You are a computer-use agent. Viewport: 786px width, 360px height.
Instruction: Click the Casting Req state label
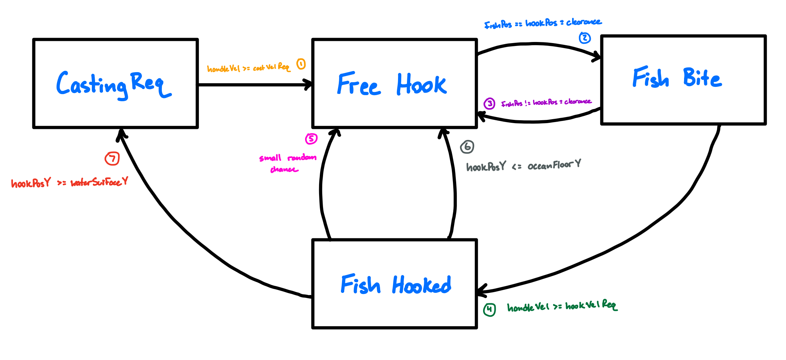[113, 85]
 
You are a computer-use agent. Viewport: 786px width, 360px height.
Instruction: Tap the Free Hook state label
[392, 85]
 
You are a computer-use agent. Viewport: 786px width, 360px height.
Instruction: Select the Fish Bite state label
[677, 78]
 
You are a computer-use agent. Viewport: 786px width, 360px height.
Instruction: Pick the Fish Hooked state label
[396, 285]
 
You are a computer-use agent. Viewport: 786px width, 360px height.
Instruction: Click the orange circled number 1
[301, 64]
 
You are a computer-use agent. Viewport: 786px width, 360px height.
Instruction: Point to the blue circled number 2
[585, 38]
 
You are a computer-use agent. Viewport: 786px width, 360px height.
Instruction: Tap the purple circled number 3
[489, 104]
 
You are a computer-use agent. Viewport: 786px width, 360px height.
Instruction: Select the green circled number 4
[489, 309]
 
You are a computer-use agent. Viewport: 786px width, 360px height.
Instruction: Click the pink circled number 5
[311, 139]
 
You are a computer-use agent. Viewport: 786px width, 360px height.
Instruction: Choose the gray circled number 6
[467, 146]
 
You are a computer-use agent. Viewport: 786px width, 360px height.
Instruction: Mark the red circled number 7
[112, 158]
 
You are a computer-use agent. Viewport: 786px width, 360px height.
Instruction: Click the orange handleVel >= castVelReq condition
[248, 68]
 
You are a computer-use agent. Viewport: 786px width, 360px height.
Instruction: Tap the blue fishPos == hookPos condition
[543, 23]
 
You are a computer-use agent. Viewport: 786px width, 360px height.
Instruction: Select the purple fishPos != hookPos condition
[546, 103]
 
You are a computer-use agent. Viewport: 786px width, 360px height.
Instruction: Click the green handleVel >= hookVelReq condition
[562, 306]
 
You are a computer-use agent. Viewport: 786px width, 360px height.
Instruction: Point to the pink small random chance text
[287, 163]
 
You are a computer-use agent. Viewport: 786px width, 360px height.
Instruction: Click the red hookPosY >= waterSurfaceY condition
[69, 183]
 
